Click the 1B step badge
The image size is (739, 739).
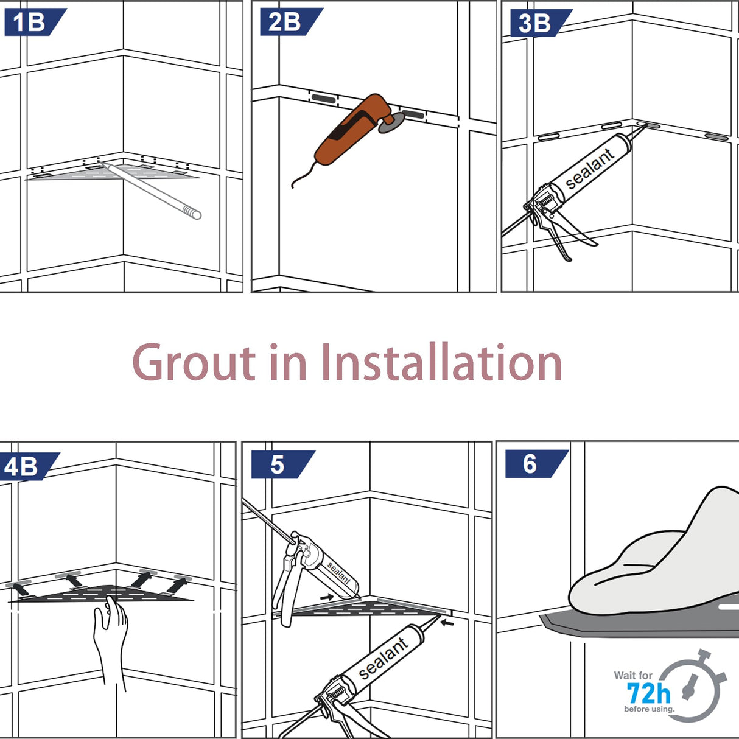pyautogui.click(x=35, y=23)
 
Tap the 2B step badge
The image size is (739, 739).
pyautogui.click(x=291, y=22)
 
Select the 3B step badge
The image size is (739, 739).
pyautogui.click(x=541, y=23)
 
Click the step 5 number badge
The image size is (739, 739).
pyautogui.click(x=283, y=464)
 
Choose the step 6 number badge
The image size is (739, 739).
pyautogui.click(x=537, y=464)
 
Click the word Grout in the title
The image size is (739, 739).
pyautogui.click(x=194, y=362)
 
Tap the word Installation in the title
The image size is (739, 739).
pyautogui.click(x=441, y=362)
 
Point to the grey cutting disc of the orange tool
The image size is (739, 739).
pyautogui.click(x=391, y=123)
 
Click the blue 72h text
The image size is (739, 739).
pyautogui.click(x=648, y=693)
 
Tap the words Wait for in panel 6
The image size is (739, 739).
pyautogui.click(x=632, y=675)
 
